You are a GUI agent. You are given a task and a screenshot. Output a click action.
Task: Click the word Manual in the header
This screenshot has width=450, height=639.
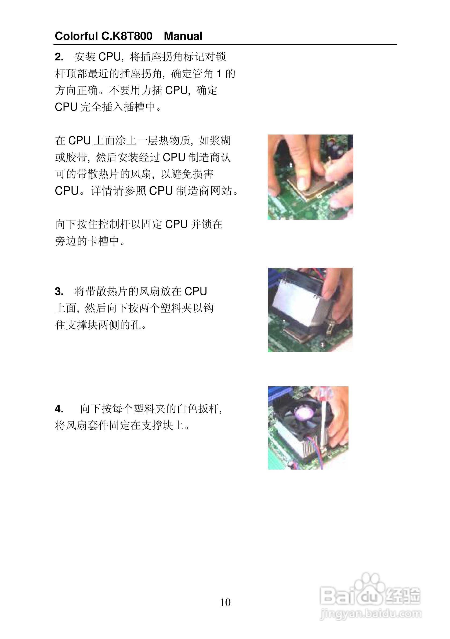pyautogui.click(x=183, y=36)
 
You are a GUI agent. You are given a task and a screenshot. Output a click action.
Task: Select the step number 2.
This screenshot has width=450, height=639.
pyautogui.click(x=59, y=57)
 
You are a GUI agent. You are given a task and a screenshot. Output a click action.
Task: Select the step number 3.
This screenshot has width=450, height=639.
pyautogui.click(x=59, y=291)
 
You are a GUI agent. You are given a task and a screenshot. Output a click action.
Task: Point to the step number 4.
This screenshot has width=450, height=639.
pyautogui.click(x=59, y=409)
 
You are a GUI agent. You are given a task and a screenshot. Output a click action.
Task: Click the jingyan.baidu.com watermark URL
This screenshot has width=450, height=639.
pyautogui.click(x=371, y=614)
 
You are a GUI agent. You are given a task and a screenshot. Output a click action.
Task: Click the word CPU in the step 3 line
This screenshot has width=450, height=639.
pyautogui.click(x=196, y=291)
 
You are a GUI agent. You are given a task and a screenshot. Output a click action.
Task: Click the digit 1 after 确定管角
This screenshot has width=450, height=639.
pyautogui.click(x=219, y=74)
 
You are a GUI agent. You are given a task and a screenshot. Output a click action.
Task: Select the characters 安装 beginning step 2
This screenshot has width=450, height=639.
pyautogui.click(x=85, y=57)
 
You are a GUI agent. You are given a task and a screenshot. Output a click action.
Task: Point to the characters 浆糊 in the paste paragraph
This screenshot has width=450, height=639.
pyautogui.click(x=220, y=140)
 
